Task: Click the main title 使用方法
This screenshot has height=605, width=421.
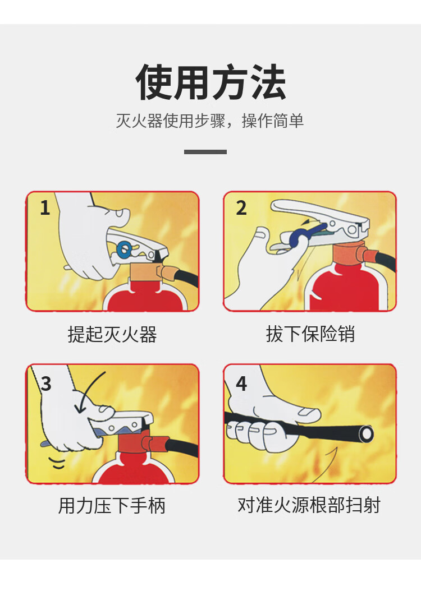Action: click(x=210, y=82)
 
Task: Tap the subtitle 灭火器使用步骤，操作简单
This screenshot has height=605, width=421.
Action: click(x=210, y=121)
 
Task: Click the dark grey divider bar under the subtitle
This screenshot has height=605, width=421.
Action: click(x=205, y=151)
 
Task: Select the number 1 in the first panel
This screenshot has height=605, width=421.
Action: click(x=45, y=208)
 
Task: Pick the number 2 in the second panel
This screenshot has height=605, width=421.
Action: click(x=241, y=208)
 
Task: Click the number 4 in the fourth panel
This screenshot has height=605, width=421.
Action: click(x=241, y=384)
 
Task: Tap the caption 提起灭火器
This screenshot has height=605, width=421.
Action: click(x=112, y=334)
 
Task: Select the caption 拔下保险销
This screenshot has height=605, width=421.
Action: click(x=310, y=334)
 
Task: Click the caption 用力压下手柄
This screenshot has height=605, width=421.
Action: click(x=112, y=505)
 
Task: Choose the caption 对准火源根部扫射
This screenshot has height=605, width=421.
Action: click(x=309, y=505)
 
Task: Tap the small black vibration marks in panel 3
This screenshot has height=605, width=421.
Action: click(x=57, y=463)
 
